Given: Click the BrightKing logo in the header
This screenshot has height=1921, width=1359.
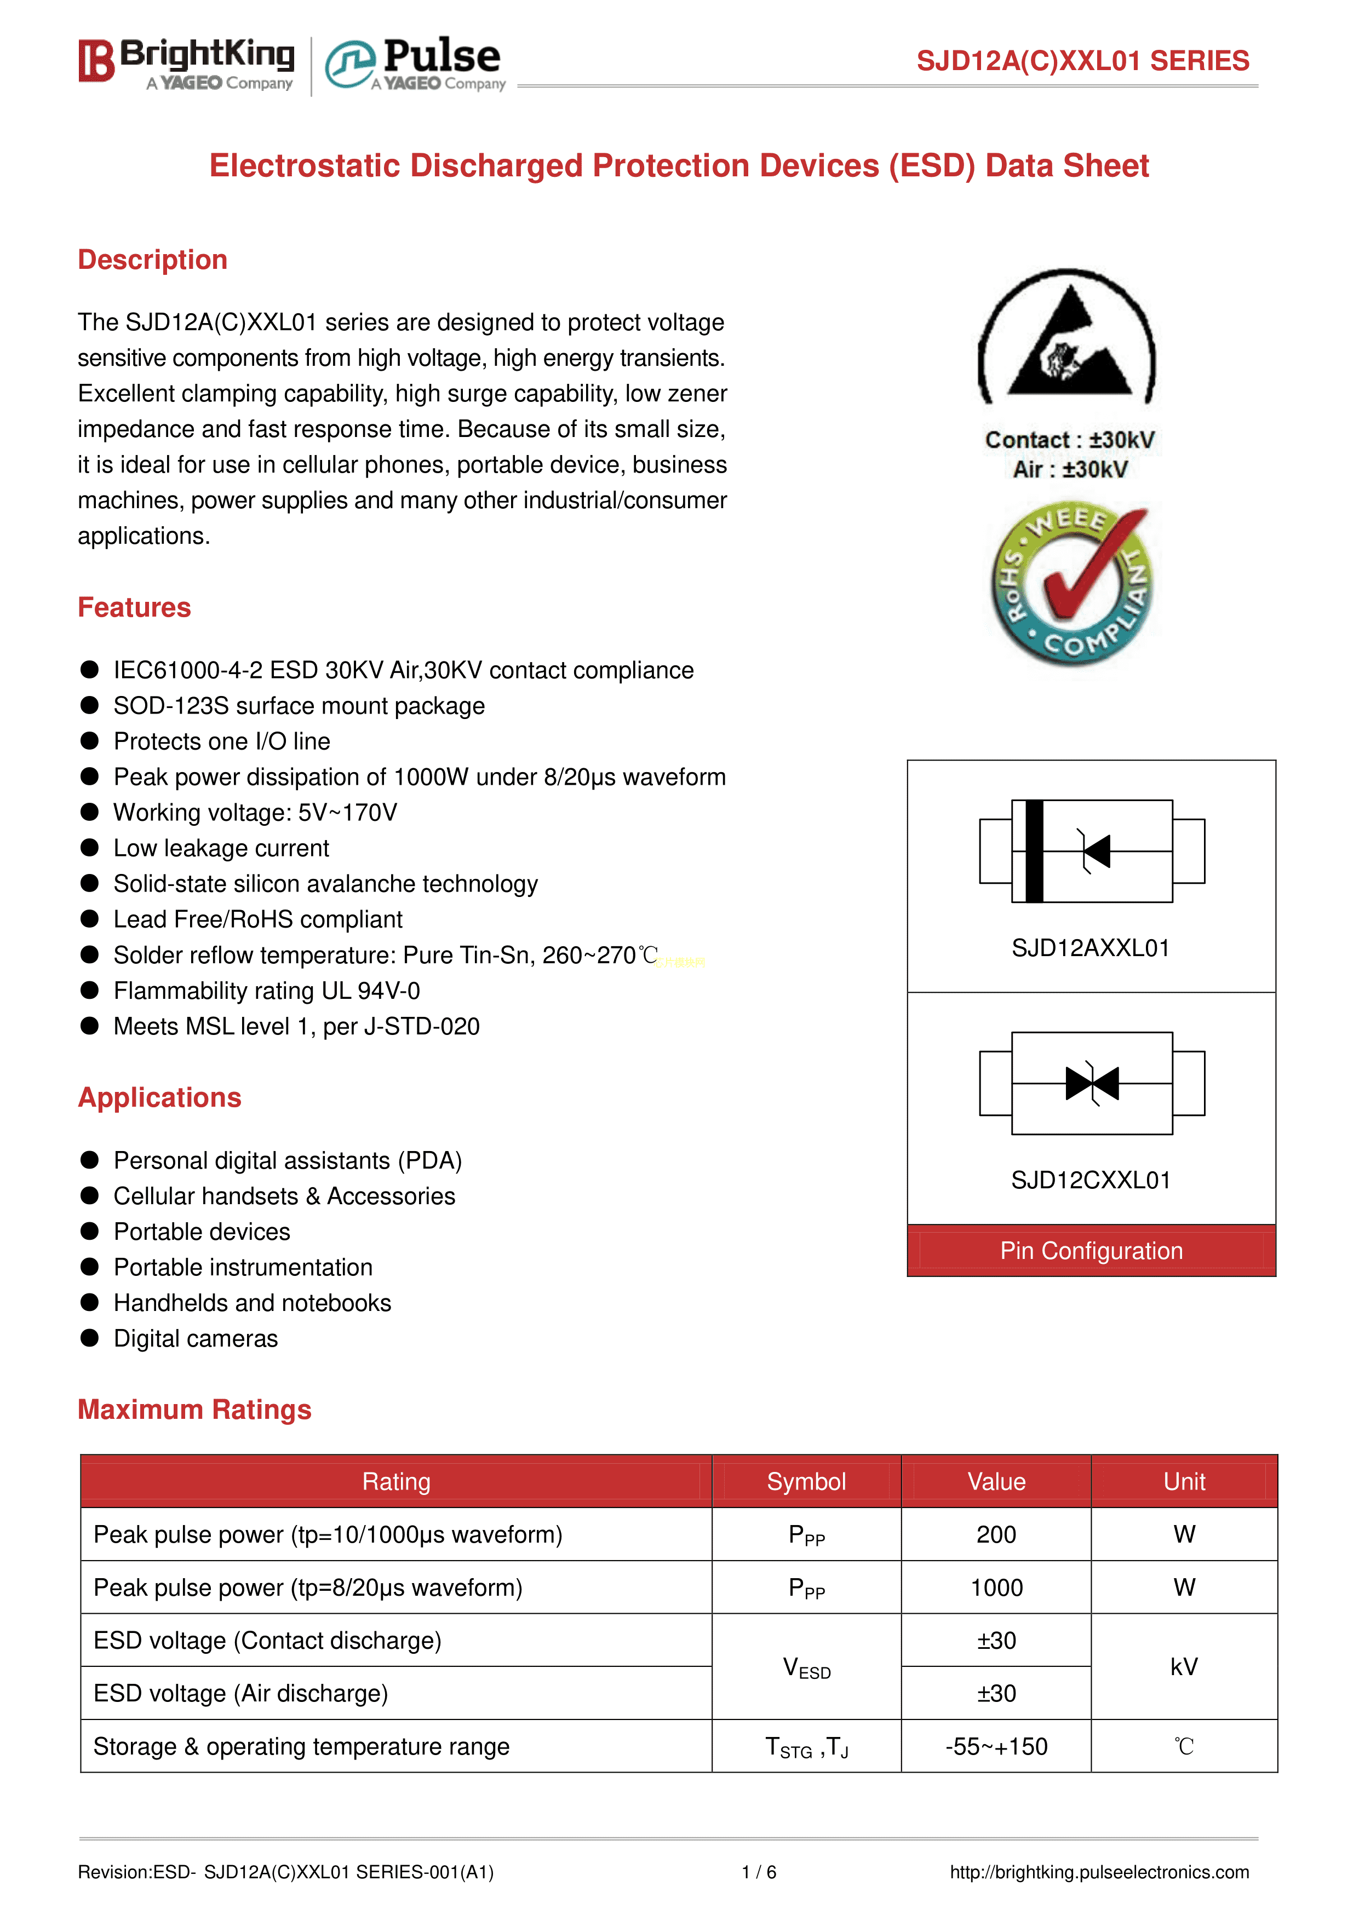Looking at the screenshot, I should point(187,63).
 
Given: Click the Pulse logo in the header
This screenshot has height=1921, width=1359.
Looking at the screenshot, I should point(416,64).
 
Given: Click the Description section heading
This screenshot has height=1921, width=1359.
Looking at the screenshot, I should point(152,260).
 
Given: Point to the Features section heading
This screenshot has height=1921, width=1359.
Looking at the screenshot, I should point(134,607).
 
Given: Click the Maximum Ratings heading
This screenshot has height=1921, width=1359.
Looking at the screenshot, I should point(194,1410).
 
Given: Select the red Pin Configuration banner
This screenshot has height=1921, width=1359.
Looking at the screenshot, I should point(1091,1251).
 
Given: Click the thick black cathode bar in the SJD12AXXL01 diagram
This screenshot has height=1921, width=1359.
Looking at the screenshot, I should point(1034,851).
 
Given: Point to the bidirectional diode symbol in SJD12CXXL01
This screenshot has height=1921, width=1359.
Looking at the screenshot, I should point(1092,1084).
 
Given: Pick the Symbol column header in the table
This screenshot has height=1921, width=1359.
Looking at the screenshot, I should point(806,1482).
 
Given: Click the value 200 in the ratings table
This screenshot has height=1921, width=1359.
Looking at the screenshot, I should point(996,1534).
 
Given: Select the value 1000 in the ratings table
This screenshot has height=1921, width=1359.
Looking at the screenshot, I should point(996,1588).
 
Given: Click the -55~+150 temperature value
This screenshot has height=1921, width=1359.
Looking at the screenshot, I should point(996,1747).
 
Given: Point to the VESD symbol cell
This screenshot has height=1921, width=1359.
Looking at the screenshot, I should point(806,1667).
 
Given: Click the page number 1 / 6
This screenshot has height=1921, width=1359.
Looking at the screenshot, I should point(759,1872).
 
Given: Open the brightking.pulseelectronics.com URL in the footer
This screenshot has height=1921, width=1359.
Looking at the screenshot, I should point(1099,1872).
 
